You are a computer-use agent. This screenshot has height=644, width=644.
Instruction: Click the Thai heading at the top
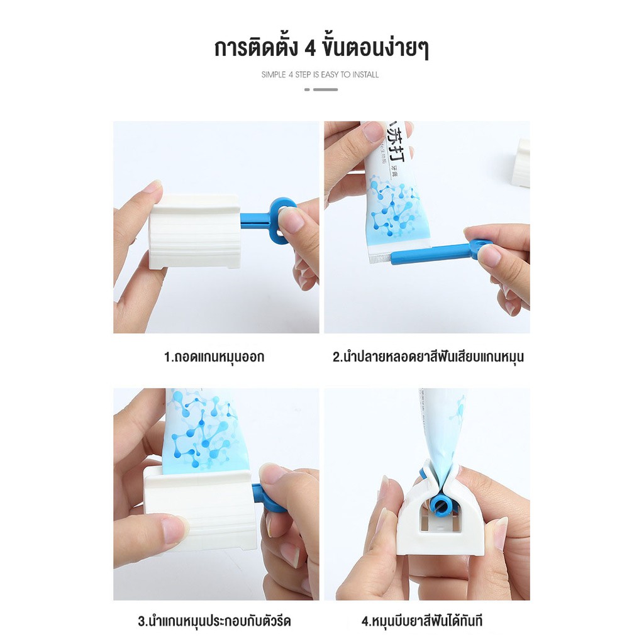point(321,48)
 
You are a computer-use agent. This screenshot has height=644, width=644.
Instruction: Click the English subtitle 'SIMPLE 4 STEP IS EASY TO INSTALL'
point(320,75)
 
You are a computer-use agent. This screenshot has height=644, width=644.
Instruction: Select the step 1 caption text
point(214,357)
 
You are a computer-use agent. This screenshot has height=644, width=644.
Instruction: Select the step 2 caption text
point(428,357)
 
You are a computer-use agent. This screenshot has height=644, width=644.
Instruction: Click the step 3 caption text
point(214,621)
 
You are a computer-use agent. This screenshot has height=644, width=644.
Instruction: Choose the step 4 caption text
point(422,621)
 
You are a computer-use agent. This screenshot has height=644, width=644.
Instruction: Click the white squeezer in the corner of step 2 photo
point(521,164)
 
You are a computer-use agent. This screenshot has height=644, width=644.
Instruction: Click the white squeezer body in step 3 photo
point(200,509)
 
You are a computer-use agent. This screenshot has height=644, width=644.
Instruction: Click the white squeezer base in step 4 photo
point(440,535)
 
